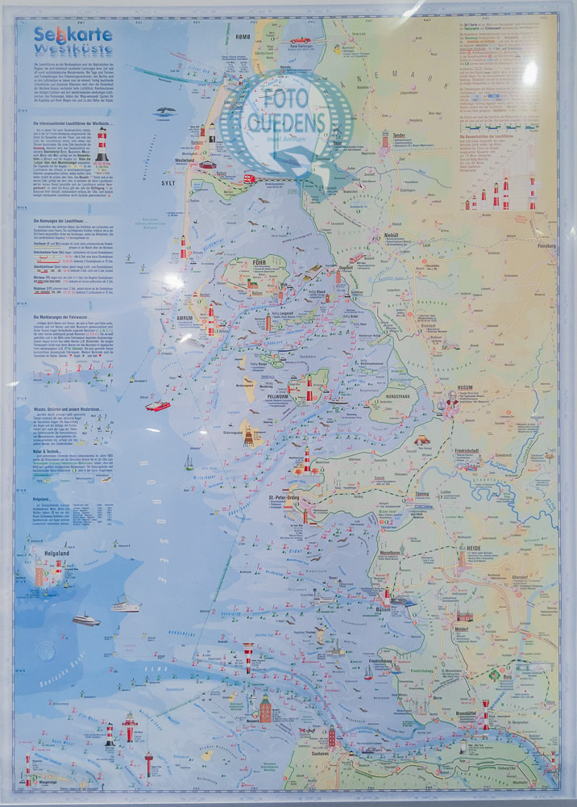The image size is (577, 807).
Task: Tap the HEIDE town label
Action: pos(468,548)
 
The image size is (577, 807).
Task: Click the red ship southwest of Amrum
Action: pos(158,406)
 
